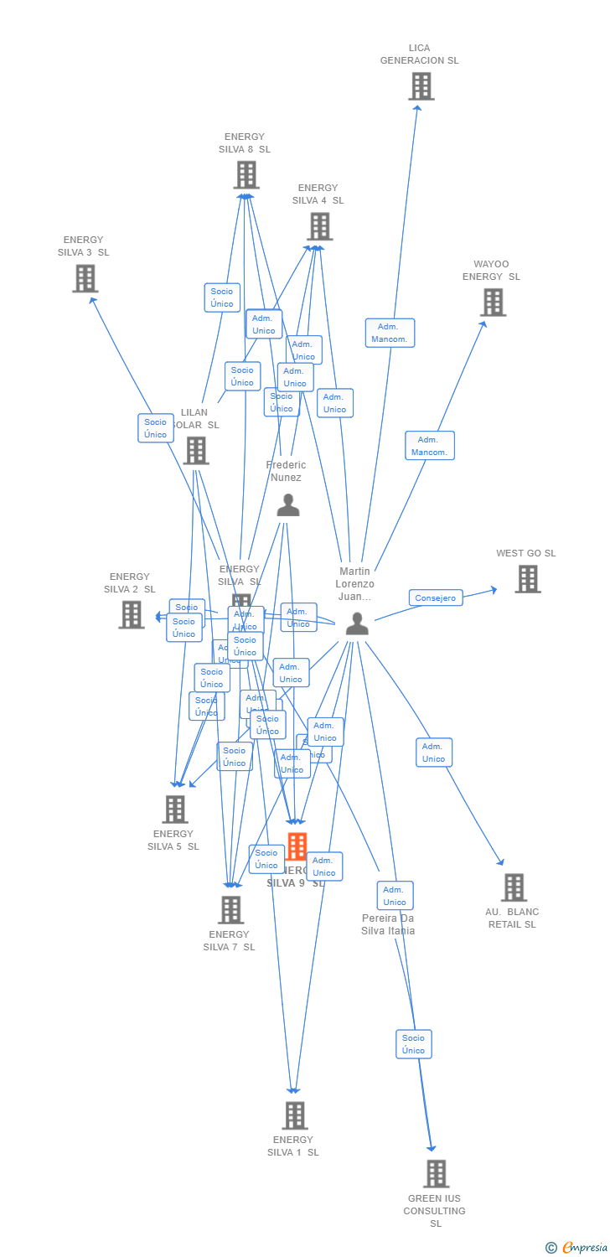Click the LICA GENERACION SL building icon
pos(421,86)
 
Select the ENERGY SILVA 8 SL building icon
pos(246,175)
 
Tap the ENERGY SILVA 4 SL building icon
pos(319,226)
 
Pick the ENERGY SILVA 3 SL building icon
pos(85,278)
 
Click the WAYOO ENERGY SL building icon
pos(493,303)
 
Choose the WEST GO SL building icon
pos(527,579)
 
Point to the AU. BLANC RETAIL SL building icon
pos(514,887)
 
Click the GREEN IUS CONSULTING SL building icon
pos(436,1174)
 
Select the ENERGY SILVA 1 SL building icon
pos(294,1115)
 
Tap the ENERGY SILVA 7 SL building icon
pos(230,910)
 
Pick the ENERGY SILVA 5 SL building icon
pos(174,810)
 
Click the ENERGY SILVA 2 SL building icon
pos(131,614)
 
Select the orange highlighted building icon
pos(297,846)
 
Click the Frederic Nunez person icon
pos(287,505)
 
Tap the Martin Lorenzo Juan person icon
pos(357,623)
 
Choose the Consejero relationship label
pos(436,598)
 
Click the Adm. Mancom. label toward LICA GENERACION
pos(390,333)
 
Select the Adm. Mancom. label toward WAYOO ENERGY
pos(429,446)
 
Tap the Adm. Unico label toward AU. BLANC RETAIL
pos(433,753)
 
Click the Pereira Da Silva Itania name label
pos(388,924)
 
